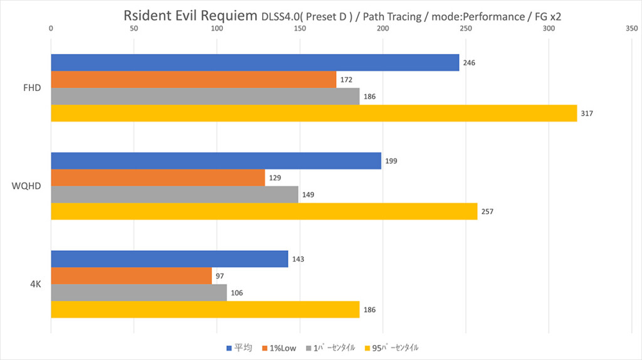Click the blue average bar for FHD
click(x=255, y=63)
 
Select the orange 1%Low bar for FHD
click(x=193, y=80)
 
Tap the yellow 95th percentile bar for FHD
click(x=313, y=114)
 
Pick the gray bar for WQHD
click(x=174, y=194)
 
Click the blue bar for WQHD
click(x=216, y=161)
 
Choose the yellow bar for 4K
click(x=205, y=310)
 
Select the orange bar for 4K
click(x=131, y=276)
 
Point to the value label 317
click(x=587, y=114)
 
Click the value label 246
click(x=469, y=63)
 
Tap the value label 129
click(x=275, y=177)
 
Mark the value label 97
click(x=219, y=276)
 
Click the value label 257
click(x=487, y=211)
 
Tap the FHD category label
click(x=31, y=88)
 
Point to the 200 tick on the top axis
click(x=382, y=28)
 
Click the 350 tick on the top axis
click(x=631, y=28)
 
